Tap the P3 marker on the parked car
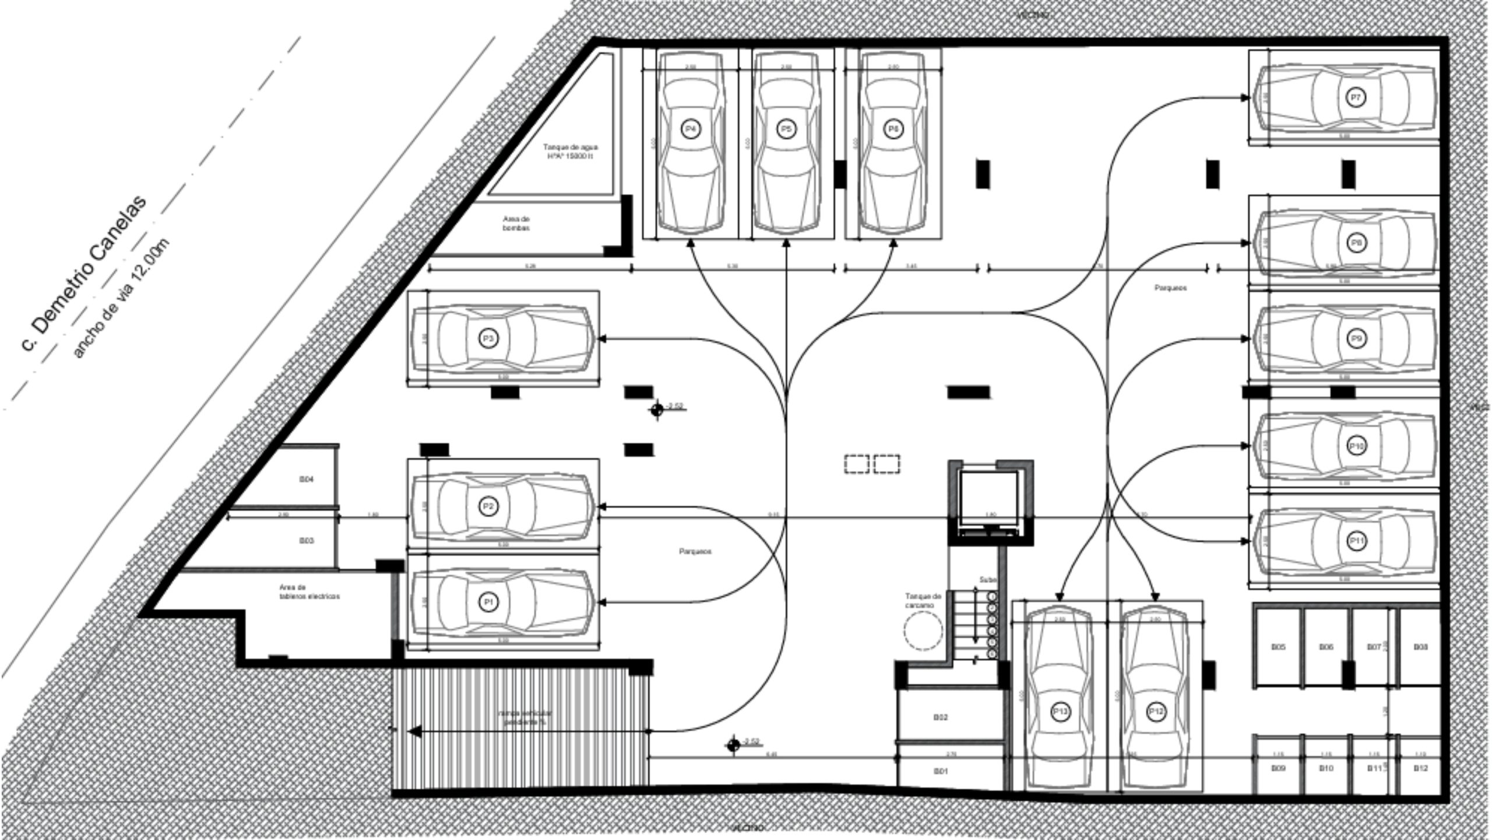tap(488, 338)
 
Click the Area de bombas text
tap(516, 223)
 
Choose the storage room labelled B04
tap(307, 479)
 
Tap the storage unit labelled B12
tap(1420, 768)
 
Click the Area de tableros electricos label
tap(309, 591)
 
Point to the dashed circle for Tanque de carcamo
tap(923, 631)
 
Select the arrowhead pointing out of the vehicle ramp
tap(415, 731)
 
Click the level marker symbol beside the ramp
tap(734, 744)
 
